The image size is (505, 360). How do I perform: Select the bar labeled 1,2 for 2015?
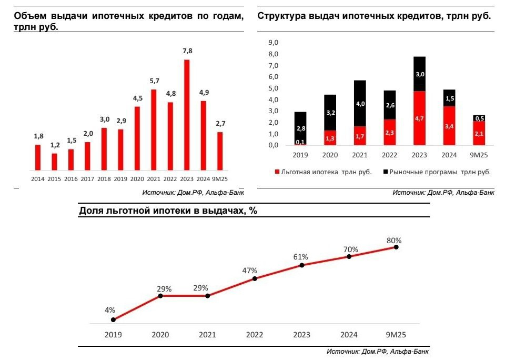pos(54,162)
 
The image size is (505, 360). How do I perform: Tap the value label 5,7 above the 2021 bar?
pos(153,81)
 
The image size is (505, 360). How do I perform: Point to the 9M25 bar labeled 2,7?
pos(219,151)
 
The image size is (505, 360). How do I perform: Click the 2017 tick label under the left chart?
pos(87,179)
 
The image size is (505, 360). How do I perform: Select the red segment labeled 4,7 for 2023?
pos(419,118)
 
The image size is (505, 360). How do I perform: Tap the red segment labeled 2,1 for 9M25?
pos(479,134)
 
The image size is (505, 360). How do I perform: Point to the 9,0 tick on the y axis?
pos(273,43)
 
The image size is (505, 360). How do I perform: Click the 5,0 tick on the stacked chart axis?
pos(273,88)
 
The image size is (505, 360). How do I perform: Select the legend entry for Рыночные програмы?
pos(436,172)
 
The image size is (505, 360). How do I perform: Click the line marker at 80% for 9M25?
pos(396,247)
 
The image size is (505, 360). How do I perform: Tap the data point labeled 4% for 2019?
pos(114,319)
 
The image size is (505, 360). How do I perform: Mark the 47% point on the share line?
pos(255,278)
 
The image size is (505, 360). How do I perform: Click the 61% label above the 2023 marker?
pos(301,257)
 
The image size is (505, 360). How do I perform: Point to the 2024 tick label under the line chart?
pos(349,335)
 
